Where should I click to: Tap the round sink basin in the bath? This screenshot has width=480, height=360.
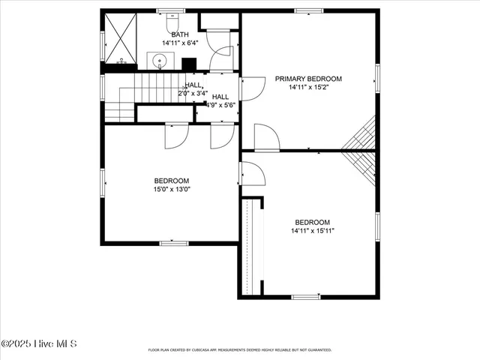click(x=160, y=61)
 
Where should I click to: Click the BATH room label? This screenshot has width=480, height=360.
click(x=180, y=34)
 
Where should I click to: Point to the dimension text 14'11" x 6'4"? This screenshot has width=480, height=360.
click(x=180, y=43)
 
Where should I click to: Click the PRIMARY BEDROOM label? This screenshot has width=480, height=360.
click(x=308, y=79)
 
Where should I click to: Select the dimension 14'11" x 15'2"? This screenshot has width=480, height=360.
click(x=308, y=88)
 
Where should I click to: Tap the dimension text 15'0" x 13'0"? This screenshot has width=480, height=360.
click(x=172, y=189)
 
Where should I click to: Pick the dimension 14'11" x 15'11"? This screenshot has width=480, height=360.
click(x=312, y=231)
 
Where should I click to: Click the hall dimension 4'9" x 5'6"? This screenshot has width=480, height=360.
click(x=220, y=106)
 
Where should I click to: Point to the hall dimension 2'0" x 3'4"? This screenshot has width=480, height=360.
click(x=193, y=94)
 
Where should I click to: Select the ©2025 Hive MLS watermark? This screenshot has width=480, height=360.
click(x=39, y=343)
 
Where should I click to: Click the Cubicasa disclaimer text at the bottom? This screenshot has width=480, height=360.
click(x=239, y=349)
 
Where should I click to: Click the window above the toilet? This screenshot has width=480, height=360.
click(x=172, y=10)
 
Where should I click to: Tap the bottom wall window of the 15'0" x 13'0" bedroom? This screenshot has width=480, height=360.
click(x=174, y=243)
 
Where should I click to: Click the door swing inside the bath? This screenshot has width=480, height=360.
click(x=221, y=56)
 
